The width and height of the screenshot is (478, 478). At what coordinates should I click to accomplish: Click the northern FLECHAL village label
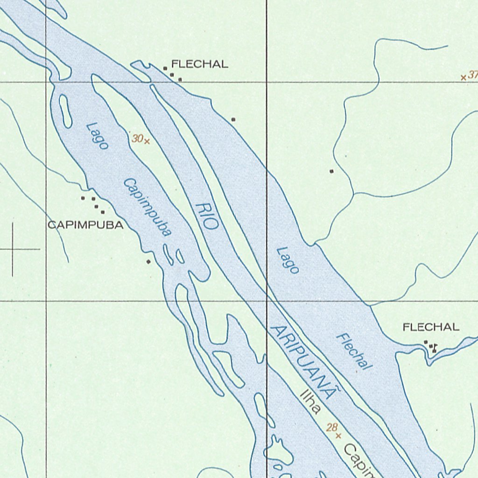[x=200, y=64]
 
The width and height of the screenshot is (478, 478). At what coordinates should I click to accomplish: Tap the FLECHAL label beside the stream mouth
[x=431, y=327]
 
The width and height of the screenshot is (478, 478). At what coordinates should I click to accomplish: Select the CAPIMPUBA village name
[x=86, y=225]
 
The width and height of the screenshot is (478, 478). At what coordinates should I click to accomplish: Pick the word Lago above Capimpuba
[x=98, y=136]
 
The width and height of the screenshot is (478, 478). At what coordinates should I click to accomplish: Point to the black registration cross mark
[x=13, y=249]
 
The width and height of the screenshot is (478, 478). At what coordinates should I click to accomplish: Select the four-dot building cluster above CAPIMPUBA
[x=93, y=204]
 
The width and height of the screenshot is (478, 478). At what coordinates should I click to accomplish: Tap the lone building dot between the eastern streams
[x=331, y=171]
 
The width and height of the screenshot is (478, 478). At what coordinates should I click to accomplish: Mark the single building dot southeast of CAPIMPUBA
[x=148, y=261]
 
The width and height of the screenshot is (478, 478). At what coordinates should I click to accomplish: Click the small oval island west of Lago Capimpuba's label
[x=65, y=111]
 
